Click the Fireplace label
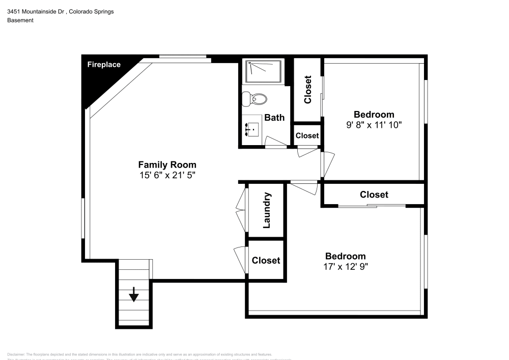click(x=104, y=65)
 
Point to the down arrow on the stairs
click(x=134, y=294)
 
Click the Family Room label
click(x=167, y=165)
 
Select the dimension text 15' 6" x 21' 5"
click(x=167, y=175)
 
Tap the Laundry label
click(x=266, y=210)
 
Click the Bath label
click(x=274, y=118)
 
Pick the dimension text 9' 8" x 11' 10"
click(x=374, y=124)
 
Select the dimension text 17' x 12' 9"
click(x=345, y=266)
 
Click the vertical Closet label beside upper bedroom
click(x=307, y=90)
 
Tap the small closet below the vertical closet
click(x=307, y=135)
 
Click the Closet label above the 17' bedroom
click(x=374, y=195)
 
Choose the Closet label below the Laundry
click(x=266, y=260)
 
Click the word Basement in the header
click(x=20, y=20)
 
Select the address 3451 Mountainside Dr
click(x=35, y=11)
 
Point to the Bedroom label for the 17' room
click(x=345, y=256)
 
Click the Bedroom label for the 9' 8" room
click(x=374, y=115)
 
